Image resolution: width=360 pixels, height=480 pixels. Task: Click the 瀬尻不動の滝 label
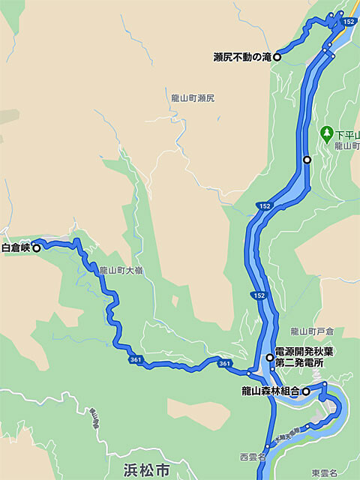241,57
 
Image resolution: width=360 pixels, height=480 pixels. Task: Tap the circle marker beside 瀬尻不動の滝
277,57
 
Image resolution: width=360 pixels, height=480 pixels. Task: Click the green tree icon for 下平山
326,133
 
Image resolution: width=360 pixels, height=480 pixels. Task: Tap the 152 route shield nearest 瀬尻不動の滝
349,23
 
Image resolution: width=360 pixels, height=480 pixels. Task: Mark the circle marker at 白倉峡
36,247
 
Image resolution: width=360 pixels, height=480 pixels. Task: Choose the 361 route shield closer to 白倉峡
136,360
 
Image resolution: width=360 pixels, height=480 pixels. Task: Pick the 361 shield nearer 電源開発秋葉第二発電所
225,364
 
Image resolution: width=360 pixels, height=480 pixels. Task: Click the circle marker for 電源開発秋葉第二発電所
270,358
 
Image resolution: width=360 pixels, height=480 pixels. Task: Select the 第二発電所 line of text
298,362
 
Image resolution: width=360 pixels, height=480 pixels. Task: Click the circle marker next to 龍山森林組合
305,391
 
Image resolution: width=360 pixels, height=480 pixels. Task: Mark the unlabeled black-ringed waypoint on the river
307,160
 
